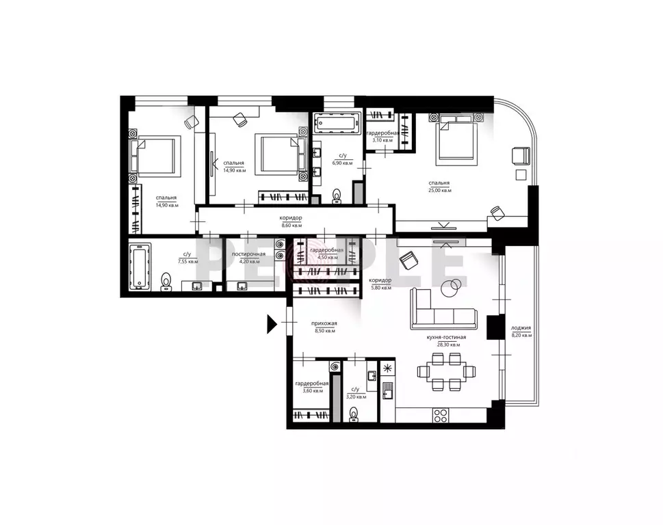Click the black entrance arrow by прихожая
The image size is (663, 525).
coord(272,323)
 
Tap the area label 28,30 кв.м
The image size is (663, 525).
coord(448,345)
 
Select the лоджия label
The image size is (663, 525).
coord(521,329)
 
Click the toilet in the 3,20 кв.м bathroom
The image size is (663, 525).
coord(354,414)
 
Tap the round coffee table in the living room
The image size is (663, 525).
coord(451,288)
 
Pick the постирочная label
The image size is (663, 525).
coord(246,254)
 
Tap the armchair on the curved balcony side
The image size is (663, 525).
coord(522,156)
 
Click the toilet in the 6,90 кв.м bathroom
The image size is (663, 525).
coord(336,196)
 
